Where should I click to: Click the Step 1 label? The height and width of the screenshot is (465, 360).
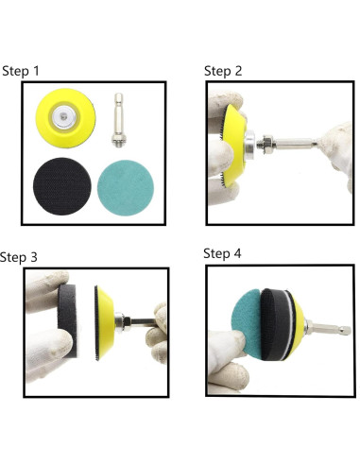pos(21,71)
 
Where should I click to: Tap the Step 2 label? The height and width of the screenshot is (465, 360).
pos(223,71)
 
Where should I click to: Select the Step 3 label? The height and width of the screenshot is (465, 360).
pos(19,257)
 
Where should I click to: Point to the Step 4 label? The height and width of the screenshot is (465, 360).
pos(222,253)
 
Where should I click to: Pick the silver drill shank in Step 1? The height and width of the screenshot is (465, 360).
pos(118,120)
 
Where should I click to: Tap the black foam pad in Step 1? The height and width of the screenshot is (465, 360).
pos(62,186)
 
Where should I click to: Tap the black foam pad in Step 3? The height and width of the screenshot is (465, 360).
pos(67,320)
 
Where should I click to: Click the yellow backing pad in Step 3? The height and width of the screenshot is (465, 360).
pos(105,323)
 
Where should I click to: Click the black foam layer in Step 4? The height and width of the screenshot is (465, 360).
pos(276,324)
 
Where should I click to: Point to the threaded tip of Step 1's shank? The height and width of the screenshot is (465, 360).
pos(118,145)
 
